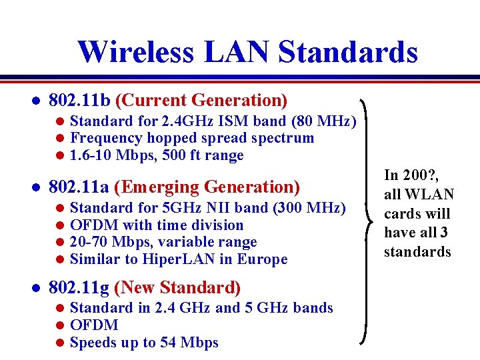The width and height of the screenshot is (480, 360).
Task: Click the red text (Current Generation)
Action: tap(201, 101)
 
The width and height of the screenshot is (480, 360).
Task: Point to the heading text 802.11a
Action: tap(79, 187)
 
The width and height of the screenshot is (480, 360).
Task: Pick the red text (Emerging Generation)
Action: tap(207, 187)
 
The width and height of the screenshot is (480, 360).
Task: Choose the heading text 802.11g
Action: tap(79, 288)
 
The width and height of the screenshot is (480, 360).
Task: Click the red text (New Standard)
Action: tap(177, 288)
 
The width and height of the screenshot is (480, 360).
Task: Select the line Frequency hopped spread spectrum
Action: tap(191, 139)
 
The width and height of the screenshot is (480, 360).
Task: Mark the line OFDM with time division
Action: tap(157, 225)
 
